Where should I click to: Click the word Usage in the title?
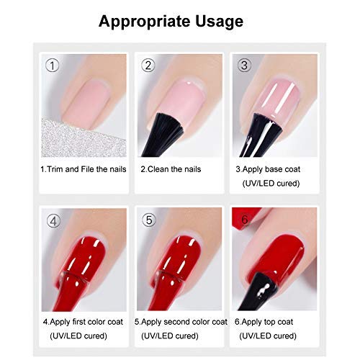coord(219,22)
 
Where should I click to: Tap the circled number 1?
coord(52,66)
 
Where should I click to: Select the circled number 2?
coord(148,66)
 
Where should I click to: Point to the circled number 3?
coord(244,66)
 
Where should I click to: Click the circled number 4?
coord(53,221)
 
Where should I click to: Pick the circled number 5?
coord(149,220)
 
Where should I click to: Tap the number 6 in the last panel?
coord(245,220)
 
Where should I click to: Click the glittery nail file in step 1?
coord(81,139)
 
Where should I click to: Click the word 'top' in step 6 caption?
coord(269,322)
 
